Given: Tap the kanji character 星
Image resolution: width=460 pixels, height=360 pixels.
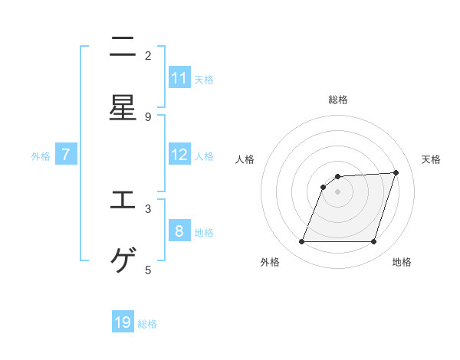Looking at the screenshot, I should coord(123,108).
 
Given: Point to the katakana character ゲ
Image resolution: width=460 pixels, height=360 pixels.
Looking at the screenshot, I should coord(123,261).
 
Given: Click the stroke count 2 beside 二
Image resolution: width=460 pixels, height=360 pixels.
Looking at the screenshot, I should coord(148,55).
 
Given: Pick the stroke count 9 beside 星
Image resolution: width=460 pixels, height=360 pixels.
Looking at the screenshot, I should coord(148,116).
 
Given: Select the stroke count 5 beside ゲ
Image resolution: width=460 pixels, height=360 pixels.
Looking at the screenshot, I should coord(148,270).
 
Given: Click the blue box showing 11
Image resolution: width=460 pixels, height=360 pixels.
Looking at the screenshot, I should coord(179,78).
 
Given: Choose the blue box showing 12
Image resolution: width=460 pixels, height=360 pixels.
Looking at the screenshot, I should coord(179,155).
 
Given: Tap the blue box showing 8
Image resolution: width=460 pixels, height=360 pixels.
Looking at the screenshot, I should coord(179,231).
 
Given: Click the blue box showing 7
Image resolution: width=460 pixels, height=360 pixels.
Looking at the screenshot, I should coord(66,155).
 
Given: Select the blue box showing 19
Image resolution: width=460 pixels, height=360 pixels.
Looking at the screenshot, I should coord(123,322).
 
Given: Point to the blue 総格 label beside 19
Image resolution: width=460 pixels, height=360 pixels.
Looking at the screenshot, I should coord(147,324).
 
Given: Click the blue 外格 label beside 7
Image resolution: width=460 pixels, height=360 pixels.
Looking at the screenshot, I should coord(41,155).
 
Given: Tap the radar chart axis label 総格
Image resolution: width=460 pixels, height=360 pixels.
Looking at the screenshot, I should coord(338,100).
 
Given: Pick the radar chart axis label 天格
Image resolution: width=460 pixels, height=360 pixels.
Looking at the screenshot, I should coord(431,159).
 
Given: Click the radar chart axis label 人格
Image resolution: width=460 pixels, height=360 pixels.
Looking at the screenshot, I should coord(245,159).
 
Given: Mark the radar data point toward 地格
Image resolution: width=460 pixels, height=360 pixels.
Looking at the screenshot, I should coord(373,242).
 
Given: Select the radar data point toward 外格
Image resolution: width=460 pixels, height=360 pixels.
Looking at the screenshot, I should coord(302,242).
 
